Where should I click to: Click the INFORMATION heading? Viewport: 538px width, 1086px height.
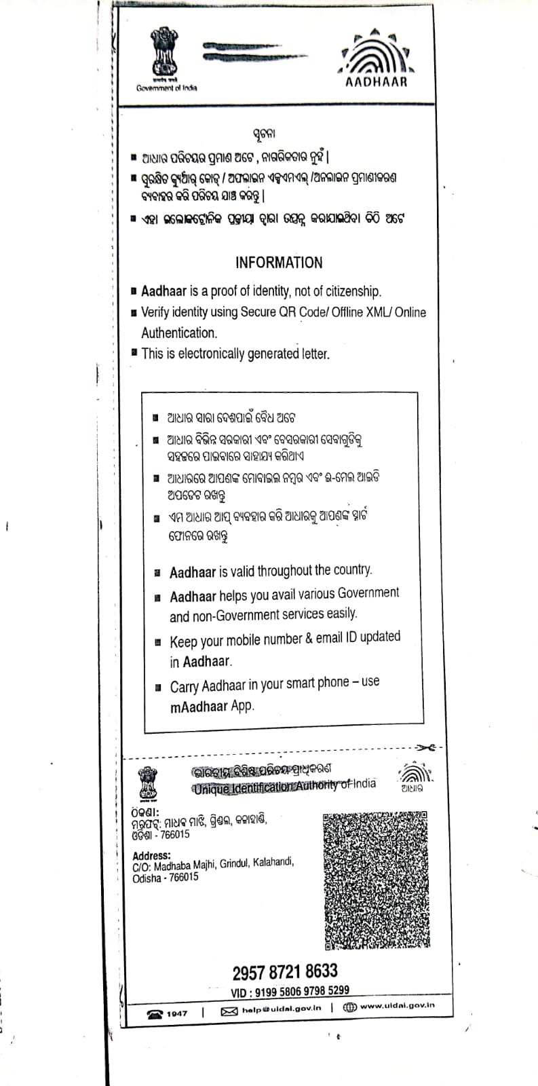(279, 263)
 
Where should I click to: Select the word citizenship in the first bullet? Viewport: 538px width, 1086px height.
(350, 291)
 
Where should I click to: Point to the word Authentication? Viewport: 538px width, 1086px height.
(178, 333)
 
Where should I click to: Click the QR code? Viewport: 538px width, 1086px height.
(375, 880)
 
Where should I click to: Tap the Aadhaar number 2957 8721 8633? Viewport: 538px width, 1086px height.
(285, 971)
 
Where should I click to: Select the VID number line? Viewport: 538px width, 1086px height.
(290, 991)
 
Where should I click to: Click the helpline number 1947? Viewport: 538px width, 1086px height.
(176, 1013)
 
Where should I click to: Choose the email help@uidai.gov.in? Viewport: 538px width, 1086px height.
(281, 1009)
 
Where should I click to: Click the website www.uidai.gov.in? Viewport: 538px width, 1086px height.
(397, 1006)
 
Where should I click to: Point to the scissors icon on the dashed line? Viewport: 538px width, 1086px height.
(426, 748)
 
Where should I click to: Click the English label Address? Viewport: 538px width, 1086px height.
(151, 855)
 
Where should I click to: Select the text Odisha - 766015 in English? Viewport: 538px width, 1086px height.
(166, 878)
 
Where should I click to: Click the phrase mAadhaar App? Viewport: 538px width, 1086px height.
(212, 706)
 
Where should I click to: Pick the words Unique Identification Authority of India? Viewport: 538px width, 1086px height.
(284, 786)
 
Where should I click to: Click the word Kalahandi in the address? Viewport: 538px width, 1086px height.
(273, 862)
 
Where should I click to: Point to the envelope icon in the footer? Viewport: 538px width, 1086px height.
(229, 1011)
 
